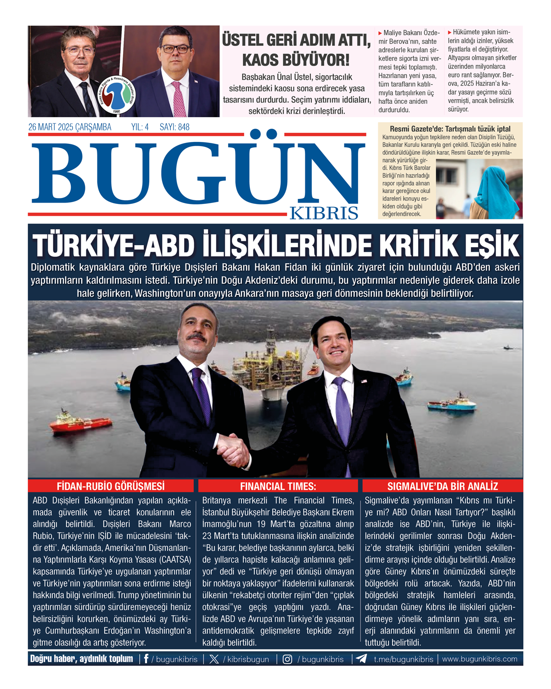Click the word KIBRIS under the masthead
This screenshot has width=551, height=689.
point(324,213)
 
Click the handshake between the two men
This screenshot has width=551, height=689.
point(233,449)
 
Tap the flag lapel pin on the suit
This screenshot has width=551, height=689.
point(364,381)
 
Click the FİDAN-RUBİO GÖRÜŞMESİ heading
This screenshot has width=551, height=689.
point(111,486)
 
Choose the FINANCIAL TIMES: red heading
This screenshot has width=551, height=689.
point(278,486)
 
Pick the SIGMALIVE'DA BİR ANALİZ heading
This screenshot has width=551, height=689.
point(443,486)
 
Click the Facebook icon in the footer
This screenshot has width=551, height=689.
point(146,659)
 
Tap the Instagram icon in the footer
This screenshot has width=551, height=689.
point(287,659)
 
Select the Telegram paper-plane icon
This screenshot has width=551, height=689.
point(361,659)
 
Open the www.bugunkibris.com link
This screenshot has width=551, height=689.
point(479,659)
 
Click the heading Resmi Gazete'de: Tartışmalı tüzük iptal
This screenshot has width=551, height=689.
point(450,129)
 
